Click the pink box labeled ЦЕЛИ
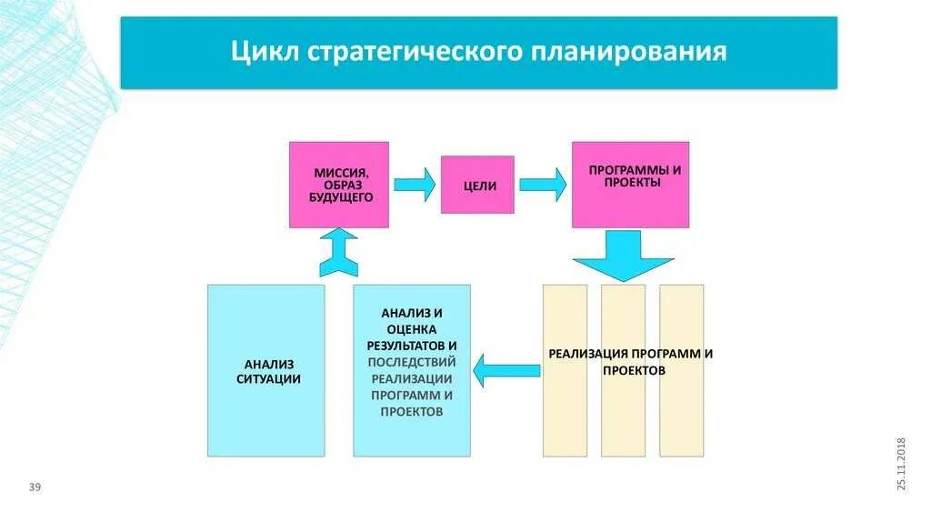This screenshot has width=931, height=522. point(477,185)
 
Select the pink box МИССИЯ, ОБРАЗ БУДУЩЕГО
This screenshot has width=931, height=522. point(339,185)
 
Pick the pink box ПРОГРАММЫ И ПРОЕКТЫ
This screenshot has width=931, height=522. point(630,185)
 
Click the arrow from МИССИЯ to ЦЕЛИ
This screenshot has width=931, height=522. point(415,185)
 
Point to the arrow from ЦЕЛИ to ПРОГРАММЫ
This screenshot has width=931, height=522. point(543,185)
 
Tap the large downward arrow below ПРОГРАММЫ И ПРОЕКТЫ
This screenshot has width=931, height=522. point(623,255)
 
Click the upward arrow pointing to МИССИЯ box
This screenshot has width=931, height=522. point(339,252)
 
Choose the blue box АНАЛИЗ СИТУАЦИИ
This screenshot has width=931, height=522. point(265,370)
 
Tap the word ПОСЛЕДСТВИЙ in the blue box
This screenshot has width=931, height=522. point(412,362)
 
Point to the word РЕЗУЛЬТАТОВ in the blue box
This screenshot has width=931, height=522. point(406,346)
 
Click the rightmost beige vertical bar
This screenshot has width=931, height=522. point(681,370)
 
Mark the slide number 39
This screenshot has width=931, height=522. point(35,488)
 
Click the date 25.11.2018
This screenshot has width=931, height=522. point(902,464)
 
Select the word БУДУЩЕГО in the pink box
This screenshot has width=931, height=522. point(339,196)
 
